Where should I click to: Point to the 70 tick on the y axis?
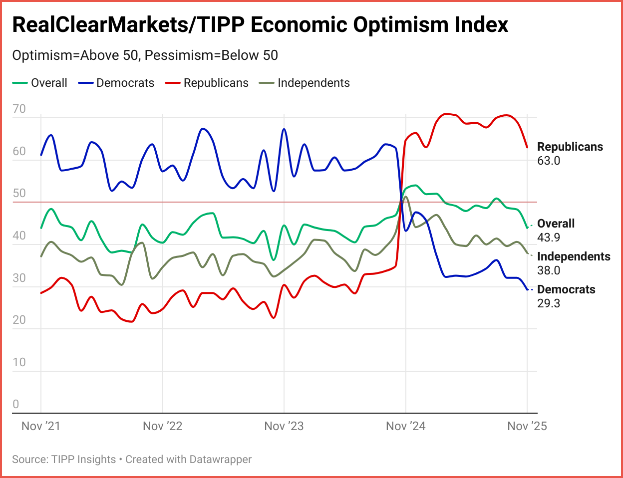point(19,109)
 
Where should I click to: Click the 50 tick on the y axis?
point(19,194)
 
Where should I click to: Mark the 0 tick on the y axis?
point(16,405)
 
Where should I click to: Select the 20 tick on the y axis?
point(19,320)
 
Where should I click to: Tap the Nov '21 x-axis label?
point(41,426)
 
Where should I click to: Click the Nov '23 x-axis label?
point(284,426)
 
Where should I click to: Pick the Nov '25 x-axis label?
point(527,426)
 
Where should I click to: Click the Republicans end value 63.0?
point(549,161)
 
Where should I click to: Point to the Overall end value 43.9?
point(549,238)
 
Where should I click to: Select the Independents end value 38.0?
point(549,270)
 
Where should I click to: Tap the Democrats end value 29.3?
point(549,303)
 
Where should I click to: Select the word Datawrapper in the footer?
point(220,459)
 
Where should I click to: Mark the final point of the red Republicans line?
point(527,147)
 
